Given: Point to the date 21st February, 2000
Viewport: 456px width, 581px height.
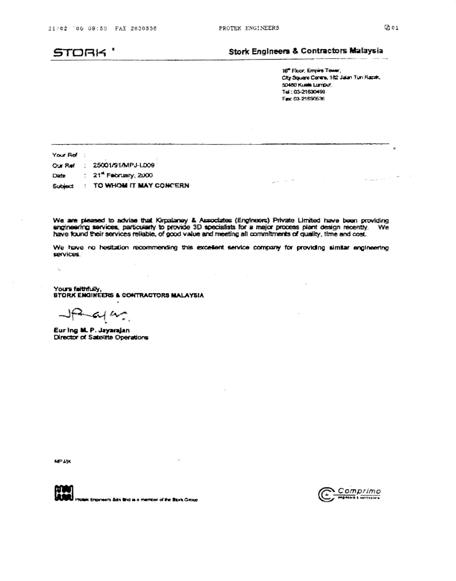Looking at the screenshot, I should pyautogui.click(x=123, y=175).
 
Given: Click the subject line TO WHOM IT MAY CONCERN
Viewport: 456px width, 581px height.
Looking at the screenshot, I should pyautogui.click(x=141, y=186).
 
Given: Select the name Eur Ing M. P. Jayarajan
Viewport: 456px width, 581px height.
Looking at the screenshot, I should pyautogui.click(x=91, y=330).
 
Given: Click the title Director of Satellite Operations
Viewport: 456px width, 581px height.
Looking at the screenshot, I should pyautogui.click(x=101, y=337).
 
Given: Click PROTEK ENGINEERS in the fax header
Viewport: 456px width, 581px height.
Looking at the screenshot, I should pyautogui.click(x=249, y=28).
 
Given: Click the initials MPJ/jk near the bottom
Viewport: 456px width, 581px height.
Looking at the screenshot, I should pyautogui.click(x=62, y=461).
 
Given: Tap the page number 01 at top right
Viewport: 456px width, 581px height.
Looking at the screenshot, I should pyautogui.click(x=395, y=28).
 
